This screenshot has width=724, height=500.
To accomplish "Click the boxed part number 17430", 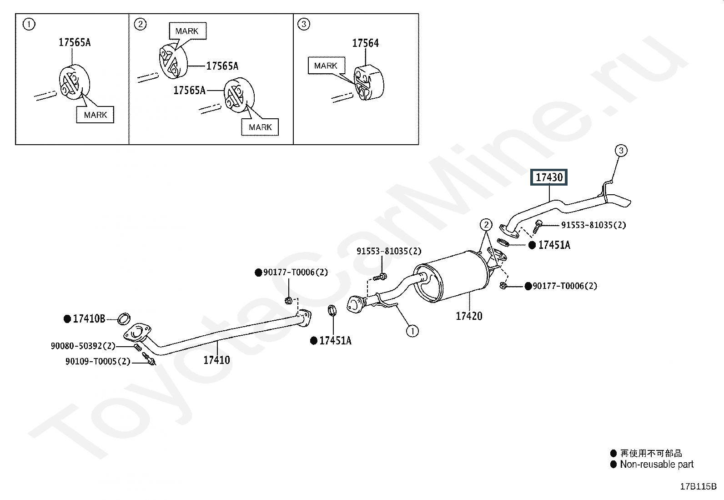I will [549, 177].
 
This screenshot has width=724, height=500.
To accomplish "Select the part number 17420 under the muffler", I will [469, 316].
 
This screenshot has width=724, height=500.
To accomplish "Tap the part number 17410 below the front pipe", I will [216, 360].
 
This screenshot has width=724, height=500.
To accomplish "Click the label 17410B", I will [89, 319].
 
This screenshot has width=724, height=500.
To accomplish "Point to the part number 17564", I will [365, 43].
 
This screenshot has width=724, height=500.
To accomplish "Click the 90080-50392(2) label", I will [83, 346].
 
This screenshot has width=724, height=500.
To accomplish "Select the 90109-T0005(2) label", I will [98, 361].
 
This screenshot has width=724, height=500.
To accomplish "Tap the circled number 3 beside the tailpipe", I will [621, 150].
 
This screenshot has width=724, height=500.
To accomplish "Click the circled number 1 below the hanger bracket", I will [412, 331].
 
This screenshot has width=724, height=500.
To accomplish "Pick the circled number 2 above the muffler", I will [486, 224].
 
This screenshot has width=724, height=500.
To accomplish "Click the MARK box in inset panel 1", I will [95, 115].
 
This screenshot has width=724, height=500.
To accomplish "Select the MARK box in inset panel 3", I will [326, 66].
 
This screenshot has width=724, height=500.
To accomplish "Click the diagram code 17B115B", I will [698, 486].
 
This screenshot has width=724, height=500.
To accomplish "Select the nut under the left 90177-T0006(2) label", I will [288, 300].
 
